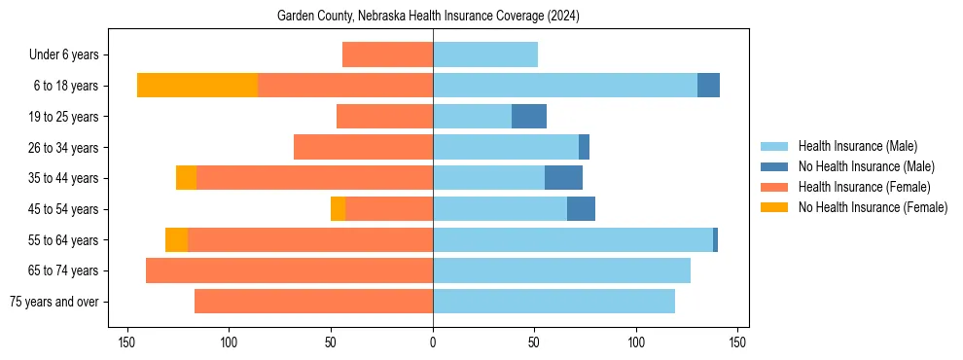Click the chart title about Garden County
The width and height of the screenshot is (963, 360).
pyautogui.click(x=428, y=16)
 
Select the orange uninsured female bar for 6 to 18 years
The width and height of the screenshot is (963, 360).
pyautogui.click(x=197, y=86)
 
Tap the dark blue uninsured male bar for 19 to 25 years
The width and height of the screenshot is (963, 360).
pyautogui.click(x=529, y=117)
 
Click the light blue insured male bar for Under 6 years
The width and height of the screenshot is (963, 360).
pyautogui.click(x=485, y=54)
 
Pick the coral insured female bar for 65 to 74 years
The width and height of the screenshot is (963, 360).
pyautogui.click(x=289, y=270)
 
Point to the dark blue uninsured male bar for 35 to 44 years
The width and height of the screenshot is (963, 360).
pyautogui.click(x=563, y=178)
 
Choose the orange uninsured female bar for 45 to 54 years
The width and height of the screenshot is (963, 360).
pyautogui.click(x=338, y=209)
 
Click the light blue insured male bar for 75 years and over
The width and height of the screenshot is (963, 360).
pyautogui.click(x=553, y=302)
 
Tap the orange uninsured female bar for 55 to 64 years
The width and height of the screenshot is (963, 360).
pyautogui.click(x=176, y=239)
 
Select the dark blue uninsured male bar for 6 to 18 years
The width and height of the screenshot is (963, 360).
pyautogui.click(x=708, y=86)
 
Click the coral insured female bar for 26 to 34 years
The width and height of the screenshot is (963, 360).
pyautogui.click(x=363, y=147)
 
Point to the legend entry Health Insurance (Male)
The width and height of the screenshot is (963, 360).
pyautogui.click(x=857, y=146)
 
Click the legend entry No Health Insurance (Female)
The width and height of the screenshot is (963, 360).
pyautogui.click(x=873, y=207)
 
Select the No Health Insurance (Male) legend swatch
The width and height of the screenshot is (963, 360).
pyautogui.click(x=774, y=166)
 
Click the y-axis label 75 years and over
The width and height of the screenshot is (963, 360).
pyautogui.click(x=54, y=302)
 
